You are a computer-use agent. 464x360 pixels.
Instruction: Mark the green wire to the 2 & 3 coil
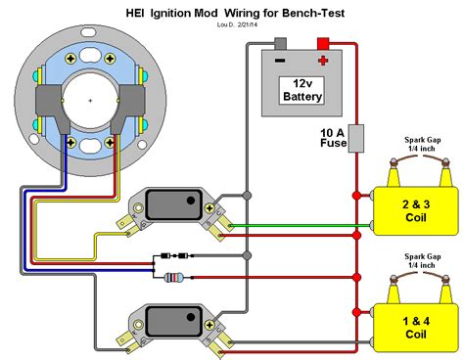point(294,222)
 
